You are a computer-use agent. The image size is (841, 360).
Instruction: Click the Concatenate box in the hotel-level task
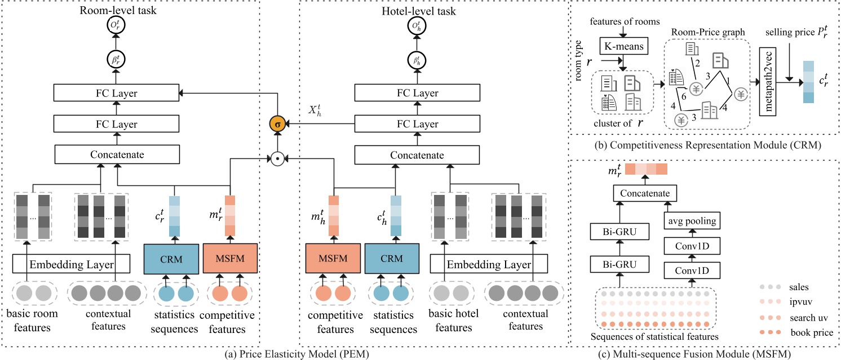click(x=394, y=154)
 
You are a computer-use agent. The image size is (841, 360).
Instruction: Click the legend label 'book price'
click(x=811, y=332)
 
